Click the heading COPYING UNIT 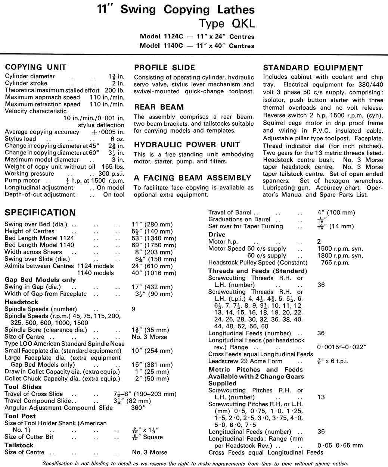click(35, 68)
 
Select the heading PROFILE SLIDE click(164, 68)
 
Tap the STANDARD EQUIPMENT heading click(313, 68)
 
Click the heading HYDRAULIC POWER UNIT click(187, 145)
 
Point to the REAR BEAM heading click(159, 107)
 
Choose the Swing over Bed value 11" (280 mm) click(152, 224)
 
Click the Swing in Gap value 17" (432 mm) click(152, 287)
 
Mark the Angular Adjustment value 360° click(138, 408)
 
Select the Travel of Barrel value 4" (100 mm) click(336, 213)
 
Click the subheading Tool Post click(20, 416)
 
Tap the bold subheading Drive click(217, 235)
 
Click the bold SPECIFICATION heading click(40, 213)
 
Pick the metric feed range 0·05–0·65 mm click(340, 445)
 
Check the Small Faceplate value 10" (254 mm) click(152, 351)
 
